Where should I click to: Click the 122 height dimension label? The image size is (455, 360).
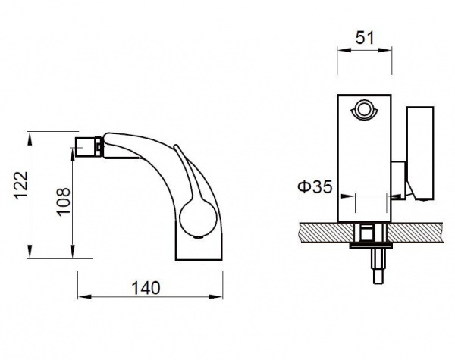(22, 185)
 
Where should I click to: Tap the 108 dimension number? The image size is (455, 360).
(64, 202)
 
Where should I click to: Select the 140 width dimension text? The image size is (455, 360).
(146, 288)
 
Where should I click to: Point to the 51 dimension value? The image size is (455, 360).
(365, 38)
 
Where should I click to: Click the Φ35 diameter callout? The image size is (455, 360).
(315, 186)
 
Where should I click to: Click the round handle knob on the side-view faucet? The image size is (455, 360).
(198, 218)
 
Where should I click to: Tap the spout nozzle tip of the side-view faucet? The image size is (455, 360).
(88, 147)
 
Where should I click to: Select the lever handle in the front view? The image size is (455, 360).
(420, 153)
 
